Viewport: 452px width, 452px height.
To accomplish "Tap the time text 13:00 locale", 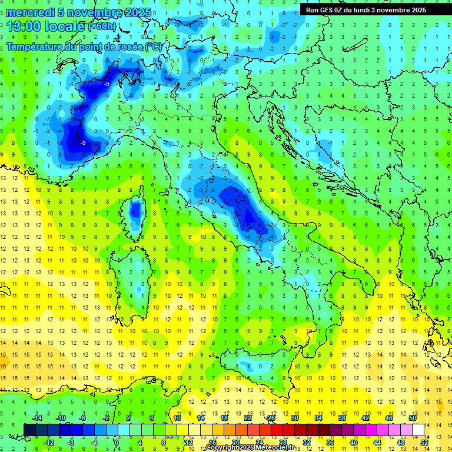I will click(x=45, y=26).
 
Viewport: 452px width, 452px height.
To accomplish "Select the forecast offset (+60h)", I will click(x=102, y=26).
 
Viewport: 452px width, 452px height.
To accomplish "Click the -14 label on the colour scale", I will click(x=36, y=418).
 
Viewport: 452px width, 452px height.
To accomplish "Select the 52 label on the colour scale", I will click(x=424, y=442).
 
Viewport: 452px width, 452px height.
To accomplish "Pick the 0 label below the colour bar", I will click(x=117, y=442).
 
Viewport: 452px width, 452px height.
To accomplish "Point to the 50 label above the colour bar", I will click(x=413, y=418).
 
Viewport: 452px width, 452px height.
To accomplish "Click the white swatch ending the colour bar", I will click(x=418, y=430).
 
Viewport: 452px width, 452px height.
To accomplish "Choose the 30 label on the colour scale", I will click(x=294, y=418).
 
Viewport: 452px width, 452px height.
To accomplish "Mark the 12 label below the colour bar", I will click(x=188, y=442).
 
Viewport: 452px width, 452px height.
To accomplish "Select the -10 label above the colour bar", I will click(x=60, y=418).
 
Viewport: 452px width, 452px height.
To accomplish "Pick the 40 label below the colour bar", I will click(x=353, y=442).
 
